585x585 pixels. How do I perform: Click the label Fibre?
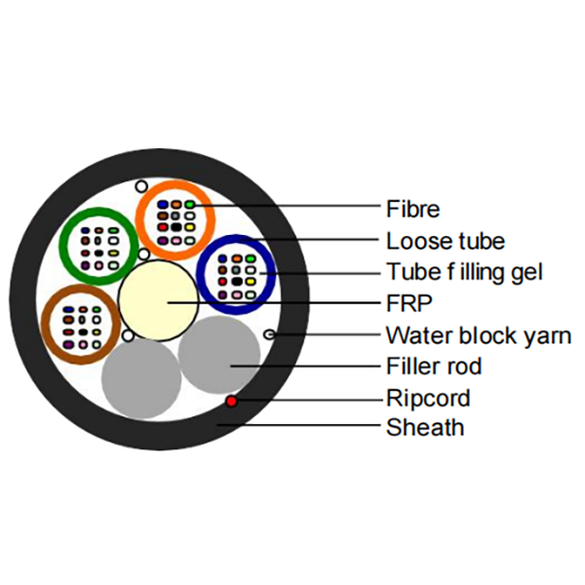tap(412, 209)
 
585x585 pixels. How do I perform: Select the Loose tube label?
tap(446, 241)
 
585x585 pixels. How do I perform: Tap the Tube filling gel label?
tap(464, 272)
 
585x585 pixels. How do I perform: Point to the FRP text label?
tap(409, 303)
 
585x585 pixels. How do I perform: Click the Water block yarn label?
tap(479, 335)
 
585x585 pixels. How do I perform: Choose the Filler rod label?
tap(434, 366)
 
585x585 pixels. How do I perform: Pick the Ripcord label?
tap(428, 398)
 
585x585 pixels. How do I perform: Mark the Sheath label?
tap(425, 428)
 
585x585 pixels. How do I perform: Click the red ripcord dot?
tap(232, 401)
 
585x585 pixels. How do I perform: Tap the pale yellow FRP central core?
tap(158, 300)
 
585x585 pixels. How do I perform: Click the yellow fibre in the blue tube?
tap(251, 282)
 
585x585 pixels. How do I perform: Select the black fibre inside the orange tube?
tap(176, 227)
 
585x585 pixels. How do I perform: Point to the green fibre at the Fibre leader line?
tap(190, 205)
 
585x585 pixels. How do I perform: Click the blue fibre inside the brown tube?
tap(68, 309)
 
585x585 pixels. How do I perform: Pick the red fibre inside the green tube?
tap(86, 253)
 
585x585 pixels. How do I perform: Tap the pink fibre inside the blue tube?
tap(237, 295)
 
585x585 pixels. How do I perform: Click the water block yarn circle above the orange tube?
tap(141, 186)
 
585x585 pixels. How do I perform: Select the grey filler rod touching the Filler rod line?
tap(219, 355)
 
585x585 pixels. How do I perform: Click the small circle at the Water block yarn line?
tap(269, 334)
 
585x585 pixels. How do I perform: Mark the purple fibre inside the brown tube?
tap(68, 345)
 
